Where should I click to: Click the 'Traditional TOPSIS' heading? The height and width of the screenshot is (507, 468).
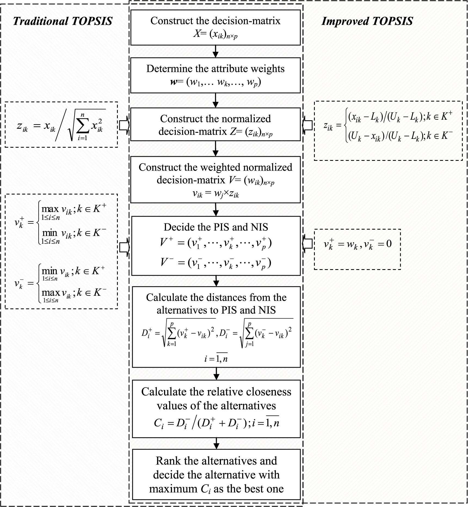[x=63, y=21]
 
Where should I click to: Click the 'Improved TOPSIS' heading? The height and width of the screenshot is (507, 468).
[x=367, y=21]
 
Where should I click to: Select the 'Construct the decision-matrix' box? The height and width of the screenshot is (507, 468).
[x=215, y=27]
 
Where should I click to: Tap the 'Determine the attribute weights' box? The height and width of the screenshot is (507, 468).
[x=215, y=75]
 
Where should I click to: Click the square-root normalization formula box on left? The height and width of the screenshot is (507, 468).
[x=61, y=125]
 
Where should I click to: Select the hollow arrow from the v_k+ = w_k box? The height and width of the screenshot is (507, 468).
[x=307, y=244]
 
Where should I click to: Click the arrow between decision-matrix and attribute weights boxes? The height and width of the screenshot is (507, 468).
[x=215, y=51]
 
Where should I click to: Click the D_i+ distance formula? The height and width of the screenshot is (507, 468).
[x=178, y=334]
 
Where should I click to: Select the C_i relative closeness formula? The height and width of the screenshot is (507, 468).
[x=216, y=423]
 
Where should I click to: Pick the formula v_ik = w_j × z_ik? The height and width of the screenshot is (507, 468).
[x=215, y=194]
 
